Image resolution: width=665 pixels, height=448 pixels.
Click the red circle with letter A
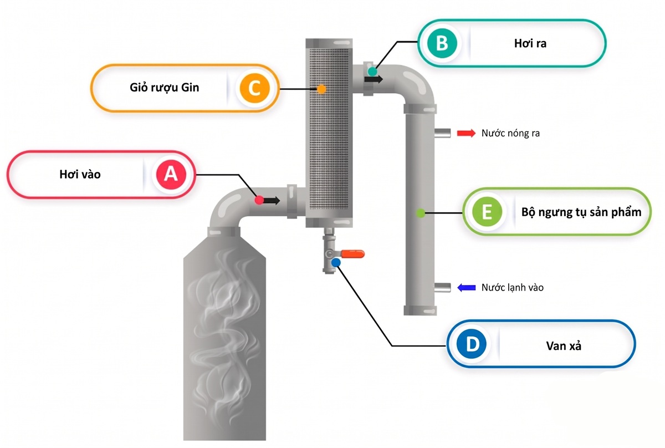pyautogui.click(x=171, y=175)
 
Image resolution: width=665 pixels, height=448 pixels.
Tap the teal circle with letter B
pyautogui.click(x=442, y=43)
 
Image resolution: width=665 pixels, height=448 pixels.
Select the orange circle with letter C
pyautogui.click(x=255, y=88)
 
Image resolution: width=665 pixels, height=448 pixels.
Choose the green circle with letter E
pyautogui.click(x=487, y=212)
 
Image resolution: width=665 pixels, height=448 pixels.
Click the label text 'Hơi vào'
pyautogui.click(x=80, y=175)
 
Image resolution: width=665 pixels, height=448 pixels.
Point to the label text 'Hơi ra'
pyautogui.click(x=530, y=43)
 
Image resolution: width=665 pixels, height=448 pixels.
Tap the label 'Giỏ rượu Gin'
pyautogui.click(x=165, y=88)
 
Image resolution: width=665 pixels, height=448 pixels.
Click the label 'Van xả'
pyautogui.click(x=564, y=346)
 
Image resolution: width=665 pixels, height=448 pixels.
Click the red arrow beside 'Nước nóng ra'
pyautogui.click(x=466, y=133)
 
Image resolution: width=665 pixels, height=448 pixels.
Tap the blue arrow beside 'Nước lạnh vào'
pyautogui.click(x=467, y=288)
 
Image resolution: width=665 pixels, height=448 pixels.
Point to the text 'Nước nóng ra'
pyautogui.click(x=510, y=133)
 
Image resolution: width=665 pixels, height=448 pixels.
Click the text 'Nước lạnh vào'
pyautogui.click(x=513, y=288)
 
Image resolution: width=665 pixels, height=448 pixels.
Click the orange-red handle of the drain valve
pyautogui.click(x=352, y=254)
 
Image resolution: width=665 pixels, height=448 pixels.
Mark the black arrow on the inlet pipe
pyautogui.click(x=271, y=201)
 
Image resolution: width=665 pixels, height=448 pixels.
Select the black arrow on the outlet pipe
pyautogui.click(x=374, y=79)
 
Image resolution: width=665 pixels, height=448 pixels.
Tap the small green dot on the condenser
pyautogui.click(x=421, y=213)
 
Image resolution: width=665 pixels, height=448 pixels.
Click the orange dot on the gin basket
pyautogui.click(x=321, y=89)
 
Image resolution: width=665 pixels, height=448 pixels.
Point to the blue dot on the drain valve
pyautogui.click(x=336, y=263)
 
